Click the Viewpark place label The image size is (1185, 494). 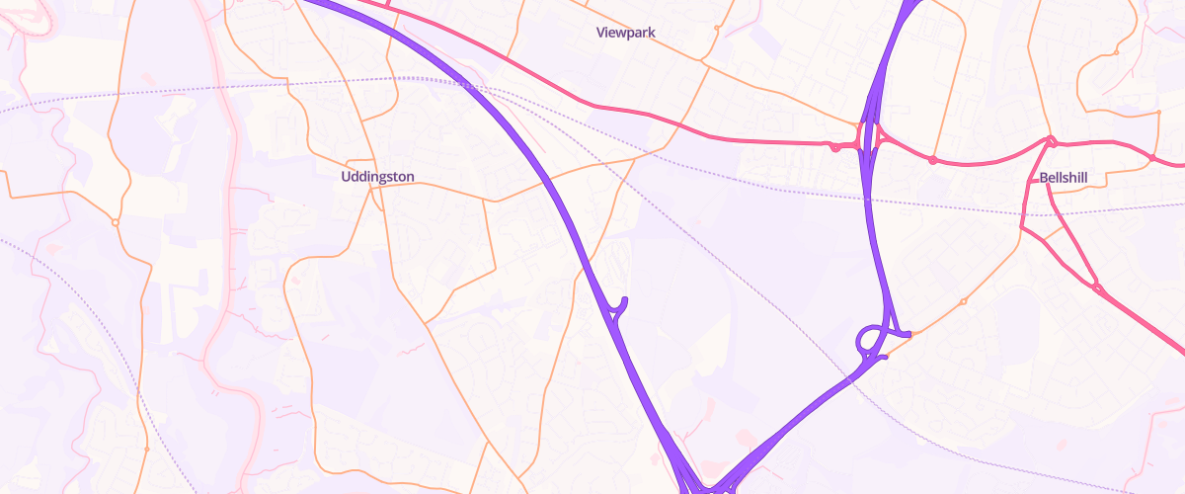coord(626,33)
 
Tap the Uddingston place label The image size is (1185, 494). coord(377,177)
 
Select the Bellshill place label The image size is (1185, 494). coord(1063,178)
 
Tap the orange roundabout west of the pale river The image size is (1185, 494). coord(116,222)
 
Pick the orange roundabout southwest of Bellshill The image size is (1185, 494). coord(963,301)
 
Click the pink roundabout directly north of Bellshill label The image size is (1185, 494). coord(1052,140)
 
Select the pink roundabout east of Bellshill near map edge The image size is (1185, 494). coord(1152,157)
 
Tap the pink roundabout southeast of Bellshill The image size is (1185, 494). coord(1096,288)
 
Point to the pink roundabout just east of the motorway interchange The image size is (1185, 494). coord(932,160)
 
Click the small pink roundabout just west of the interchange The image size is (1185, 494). coord(835,148)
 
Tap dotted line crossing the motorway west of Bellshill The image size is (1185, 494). coord(871,199)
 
